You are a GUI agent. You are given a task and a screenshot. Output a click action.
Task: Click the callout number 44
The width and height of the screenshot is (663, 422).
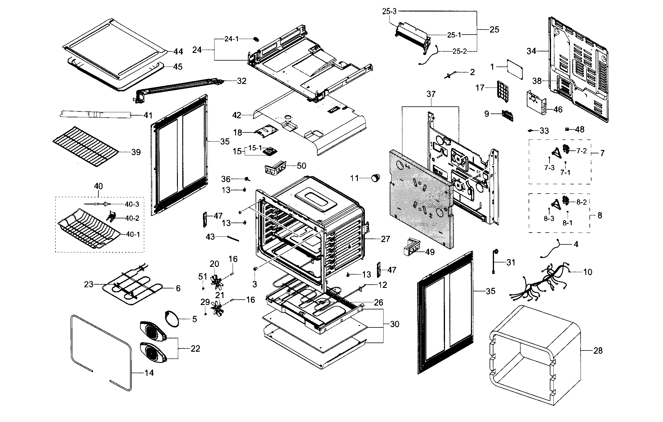(178, 52)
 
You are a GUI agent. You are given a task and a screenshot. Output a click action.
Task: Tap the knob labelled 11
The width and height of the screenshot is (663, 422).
(375, 178)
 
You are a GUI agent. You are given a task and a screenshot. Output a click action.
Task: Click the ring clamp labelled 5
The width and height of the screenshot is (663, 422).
(172, 319)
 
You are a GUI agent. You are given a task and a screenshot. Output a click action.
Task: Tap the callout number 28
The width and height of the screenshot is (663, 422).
(598, 351)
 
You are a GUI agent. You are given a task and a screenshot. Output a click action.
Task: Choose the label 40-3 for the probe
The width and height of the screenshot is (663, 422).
(132, 204)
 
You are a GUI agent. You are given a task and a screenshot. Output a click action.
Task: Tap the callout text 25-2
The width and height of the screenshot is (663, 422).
(460, 51)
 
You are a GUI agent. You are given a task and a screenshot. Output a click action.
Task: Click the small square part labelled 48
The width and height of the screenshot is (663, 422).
(567, 129)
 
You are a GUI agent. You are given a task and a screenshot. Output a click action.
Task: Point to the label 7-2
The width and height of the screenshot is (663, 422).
(581, 151)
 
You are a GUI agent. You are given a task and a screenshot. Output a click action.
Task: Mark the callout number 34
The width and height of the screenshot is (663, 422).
(531, 51)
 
